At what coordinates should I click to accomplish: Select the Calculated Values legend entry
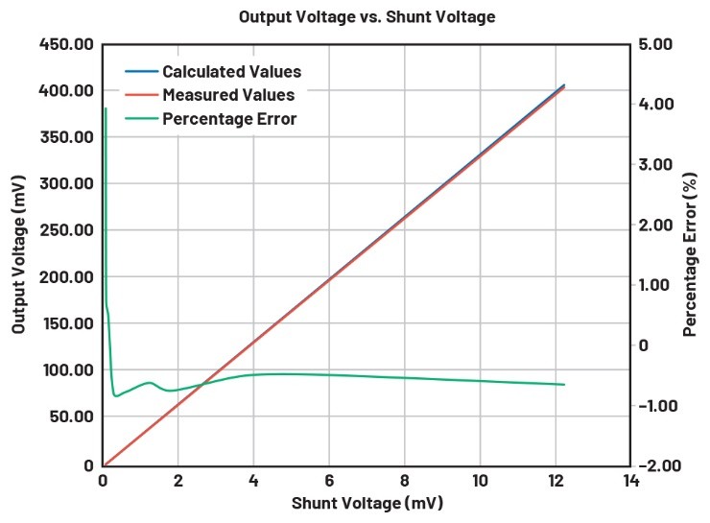click(231, 72)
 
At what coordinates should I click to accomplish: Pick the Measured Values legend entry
click(228, 95)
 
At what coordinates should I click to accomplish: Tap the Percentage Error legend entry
click(229, 119)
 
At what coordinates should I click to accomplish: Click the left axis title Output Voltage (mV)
click(19, 253)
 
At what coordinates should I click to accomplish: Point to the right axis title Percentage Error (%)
click(689, 253)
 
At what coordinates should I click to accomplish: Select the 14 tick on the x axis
click(630, 482)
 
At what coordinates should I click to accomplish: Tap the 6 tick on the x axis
click(329, 482)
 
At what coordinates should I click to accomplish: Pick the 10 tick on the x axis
click(480, 482)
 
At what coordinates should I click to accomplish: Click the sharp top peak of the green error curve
click(105, 109)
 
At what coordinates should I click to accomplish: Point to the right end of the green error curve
click(564, 385)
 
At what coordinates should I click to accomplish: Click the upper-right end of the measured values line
click(563, 87)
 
